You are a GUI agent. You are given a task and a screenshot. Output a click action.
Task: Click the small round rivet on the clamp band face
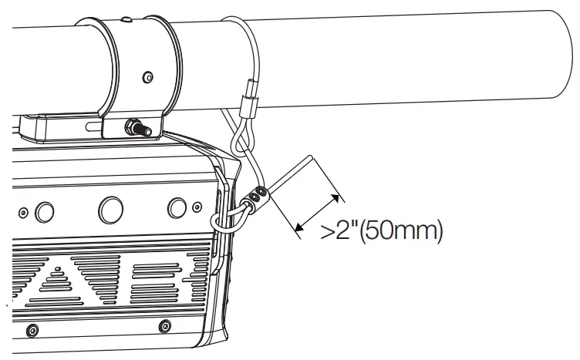[147, 76]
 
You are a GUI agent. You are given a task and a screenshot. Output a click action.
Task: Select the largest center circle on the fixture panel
[110, 207]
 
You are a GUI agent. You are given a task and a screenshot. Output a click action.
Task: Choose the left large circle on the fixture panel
[45, 210]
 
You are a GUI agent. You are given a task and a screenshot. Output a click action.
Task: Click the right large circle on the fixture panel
[178, 207]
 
